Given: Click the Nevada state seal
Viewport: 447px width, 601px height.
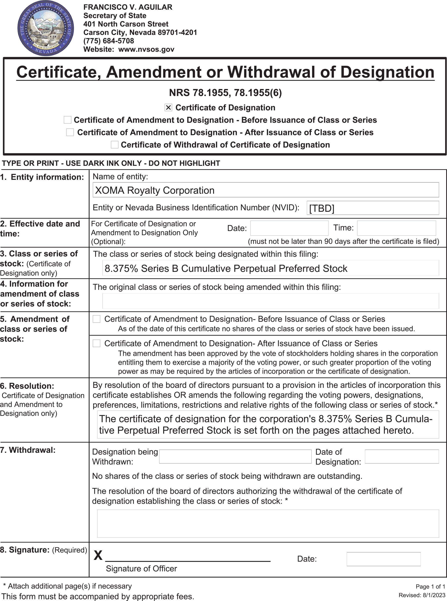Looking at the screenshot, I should coord(46,28).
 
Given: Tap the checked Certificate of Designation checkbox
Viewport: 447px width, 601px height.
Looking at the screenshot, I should coord(168,107).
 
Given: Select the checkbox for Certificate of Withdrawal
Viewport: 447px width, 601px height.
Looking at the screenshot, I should coord(114,145).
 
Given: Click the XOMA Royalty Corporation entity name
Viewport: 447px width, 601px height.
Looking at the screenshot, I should coord(155,190).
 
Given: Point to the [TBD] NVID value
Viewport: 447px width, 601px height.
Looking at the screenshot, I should coord(322,208).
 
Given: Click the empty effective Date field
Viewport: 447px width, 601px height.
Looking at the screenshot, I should coord(289,228).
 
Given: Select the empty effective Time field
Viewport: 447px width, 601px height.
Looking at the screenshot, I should coord(396,228).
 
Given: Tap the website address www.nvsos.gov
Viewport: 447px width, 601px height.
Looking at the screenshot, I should coord(146,49).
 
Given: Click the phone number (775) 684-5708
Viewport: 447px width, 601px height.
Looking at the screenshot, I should coord(108,41).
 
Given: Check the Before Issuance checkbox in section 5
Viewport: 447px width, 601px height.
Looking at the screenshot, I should coord(97,319).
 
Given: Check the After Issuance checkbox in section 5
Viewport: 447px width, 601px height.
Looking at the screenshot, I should coord(97,343).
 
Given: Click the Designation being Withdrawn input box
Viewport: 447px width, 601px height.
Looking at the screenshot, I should coord(235,457).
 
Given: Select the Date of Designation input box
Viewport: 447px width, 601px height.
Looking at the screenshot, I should coord(401,457).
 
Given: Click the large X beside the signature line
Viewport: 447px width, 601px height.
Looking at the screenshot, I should coord(98,555).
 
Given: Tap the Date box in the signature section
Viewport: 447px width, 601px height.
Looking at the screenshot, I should coord(383,559).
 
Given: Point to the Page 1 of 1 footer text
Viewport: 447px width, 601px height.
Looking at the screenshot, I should coord(430,586).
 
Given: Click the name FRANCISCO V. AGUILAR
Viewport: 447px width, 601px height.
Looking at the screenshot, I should coord(128,7).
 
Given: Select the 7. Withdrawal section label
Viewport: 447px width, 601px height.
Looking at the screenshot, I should coord(28,450).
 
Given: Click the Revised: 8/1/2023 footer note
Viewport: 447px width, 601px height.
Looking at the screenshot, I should coord(422,595).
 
